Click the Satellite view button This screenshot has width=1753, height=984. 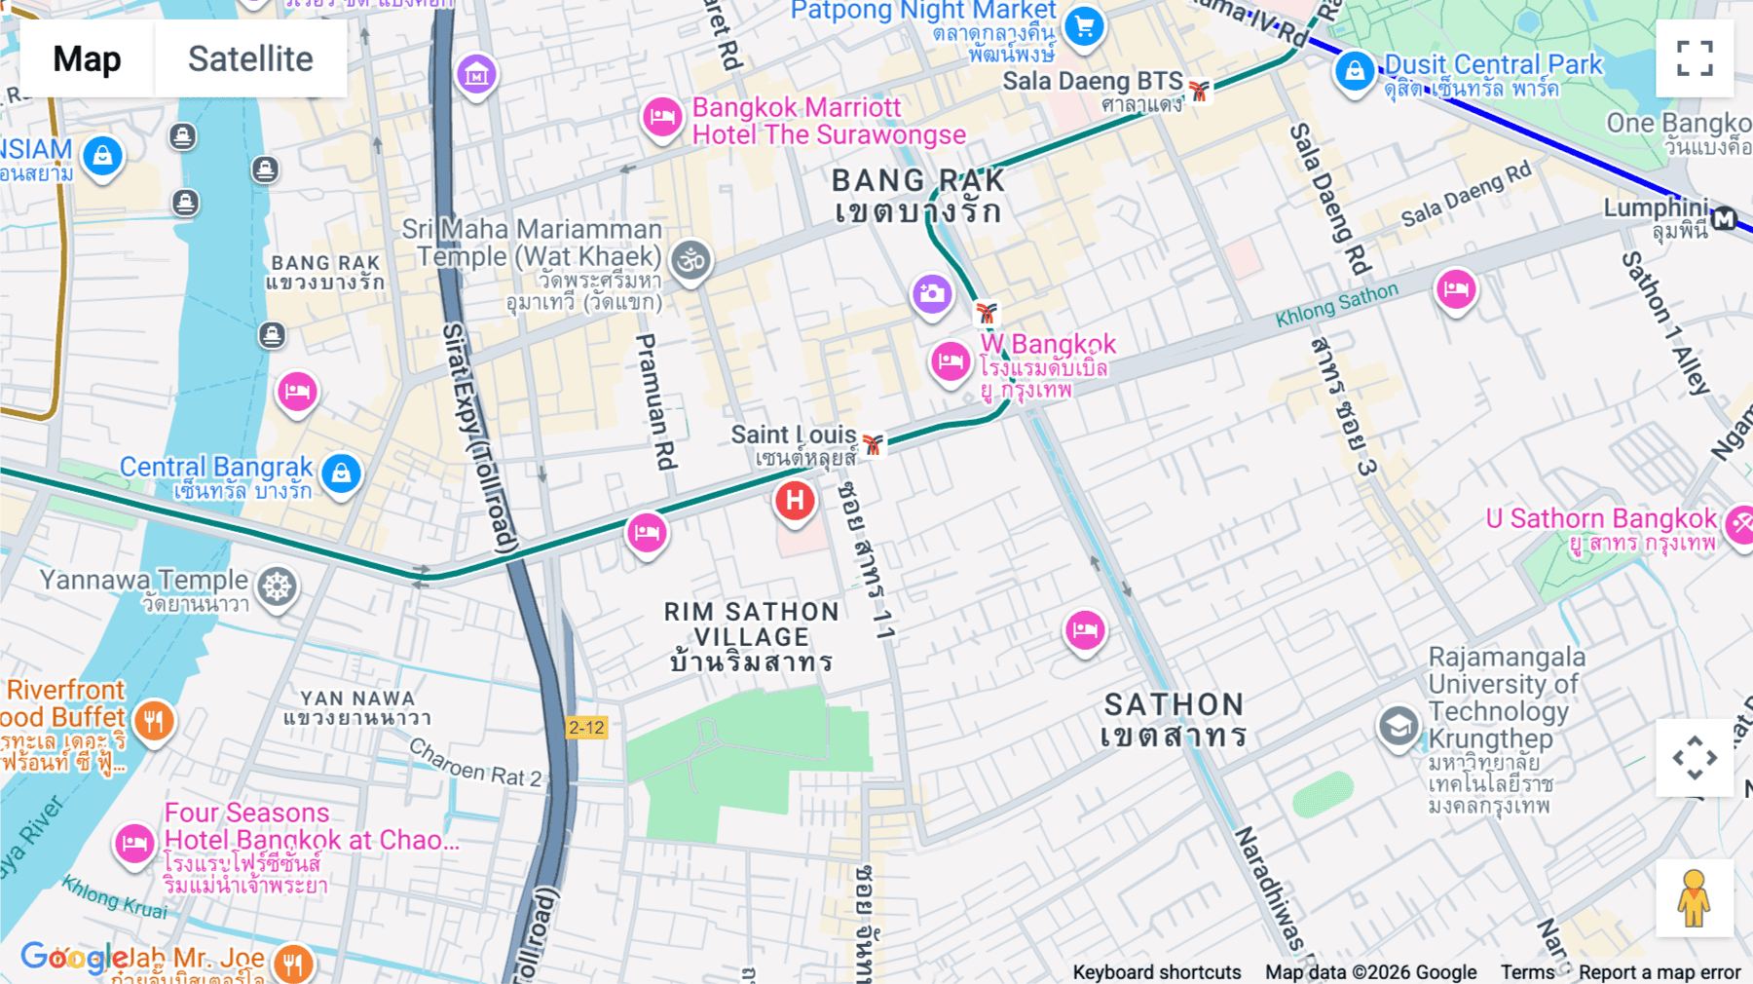point(250,58)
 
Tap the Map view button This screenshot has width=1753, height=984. point(88,58)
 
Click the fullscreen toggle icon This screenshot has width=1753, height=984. point(1695,58)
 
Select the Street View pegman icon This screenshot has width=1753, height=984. point(1695,898)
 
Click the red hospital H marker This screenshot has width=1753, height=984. point(795,502)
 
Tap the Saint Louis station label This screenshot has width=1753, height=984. point(794,435)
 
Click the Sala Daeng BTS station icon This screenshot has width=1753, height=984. point(1199,91)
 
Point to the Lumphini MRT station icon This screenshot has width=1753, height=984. point(1725,219)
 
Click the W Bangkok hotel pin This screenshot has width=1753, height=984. point(951,362)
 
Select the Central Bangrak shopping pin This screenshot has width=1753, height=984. point(341,474)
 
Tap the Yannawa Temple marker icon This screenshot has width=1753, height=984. point(278,587)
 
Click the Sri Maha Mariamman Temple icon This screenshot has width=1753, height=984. point(691,261)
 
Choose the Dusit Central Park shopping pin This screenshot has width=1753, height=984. point(1354,71)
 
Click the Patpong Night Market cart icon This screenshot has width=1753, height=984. point(1084,25)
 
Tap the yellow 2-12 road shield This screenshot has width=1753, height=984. point(586,728)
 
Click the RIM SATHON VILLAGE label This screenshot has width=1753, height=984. point(751,637)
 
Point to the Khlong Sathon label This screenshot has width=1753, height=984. point(1336,304)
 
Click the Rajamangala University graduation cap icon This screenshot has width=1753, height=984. point(1399,727)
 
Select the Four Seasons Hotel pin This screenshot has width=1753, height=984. point(134,843)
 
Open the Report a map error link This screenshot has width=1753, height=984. point(1659,972)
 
